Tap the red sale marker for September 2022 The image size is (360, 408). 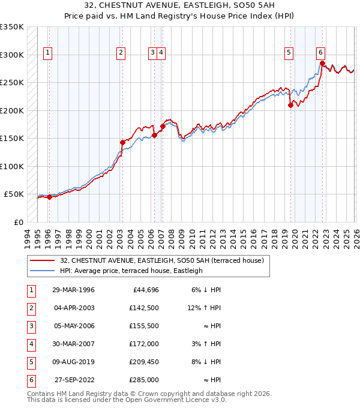coord(322,63)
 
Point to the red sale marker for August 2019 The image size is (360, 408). coord(290,105)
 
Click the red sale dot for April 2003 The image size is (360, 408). coord(122,142)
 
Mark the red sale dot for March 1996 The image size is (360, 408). coord(49,197)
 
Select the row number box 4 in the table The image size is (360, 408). coord(31,344)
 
